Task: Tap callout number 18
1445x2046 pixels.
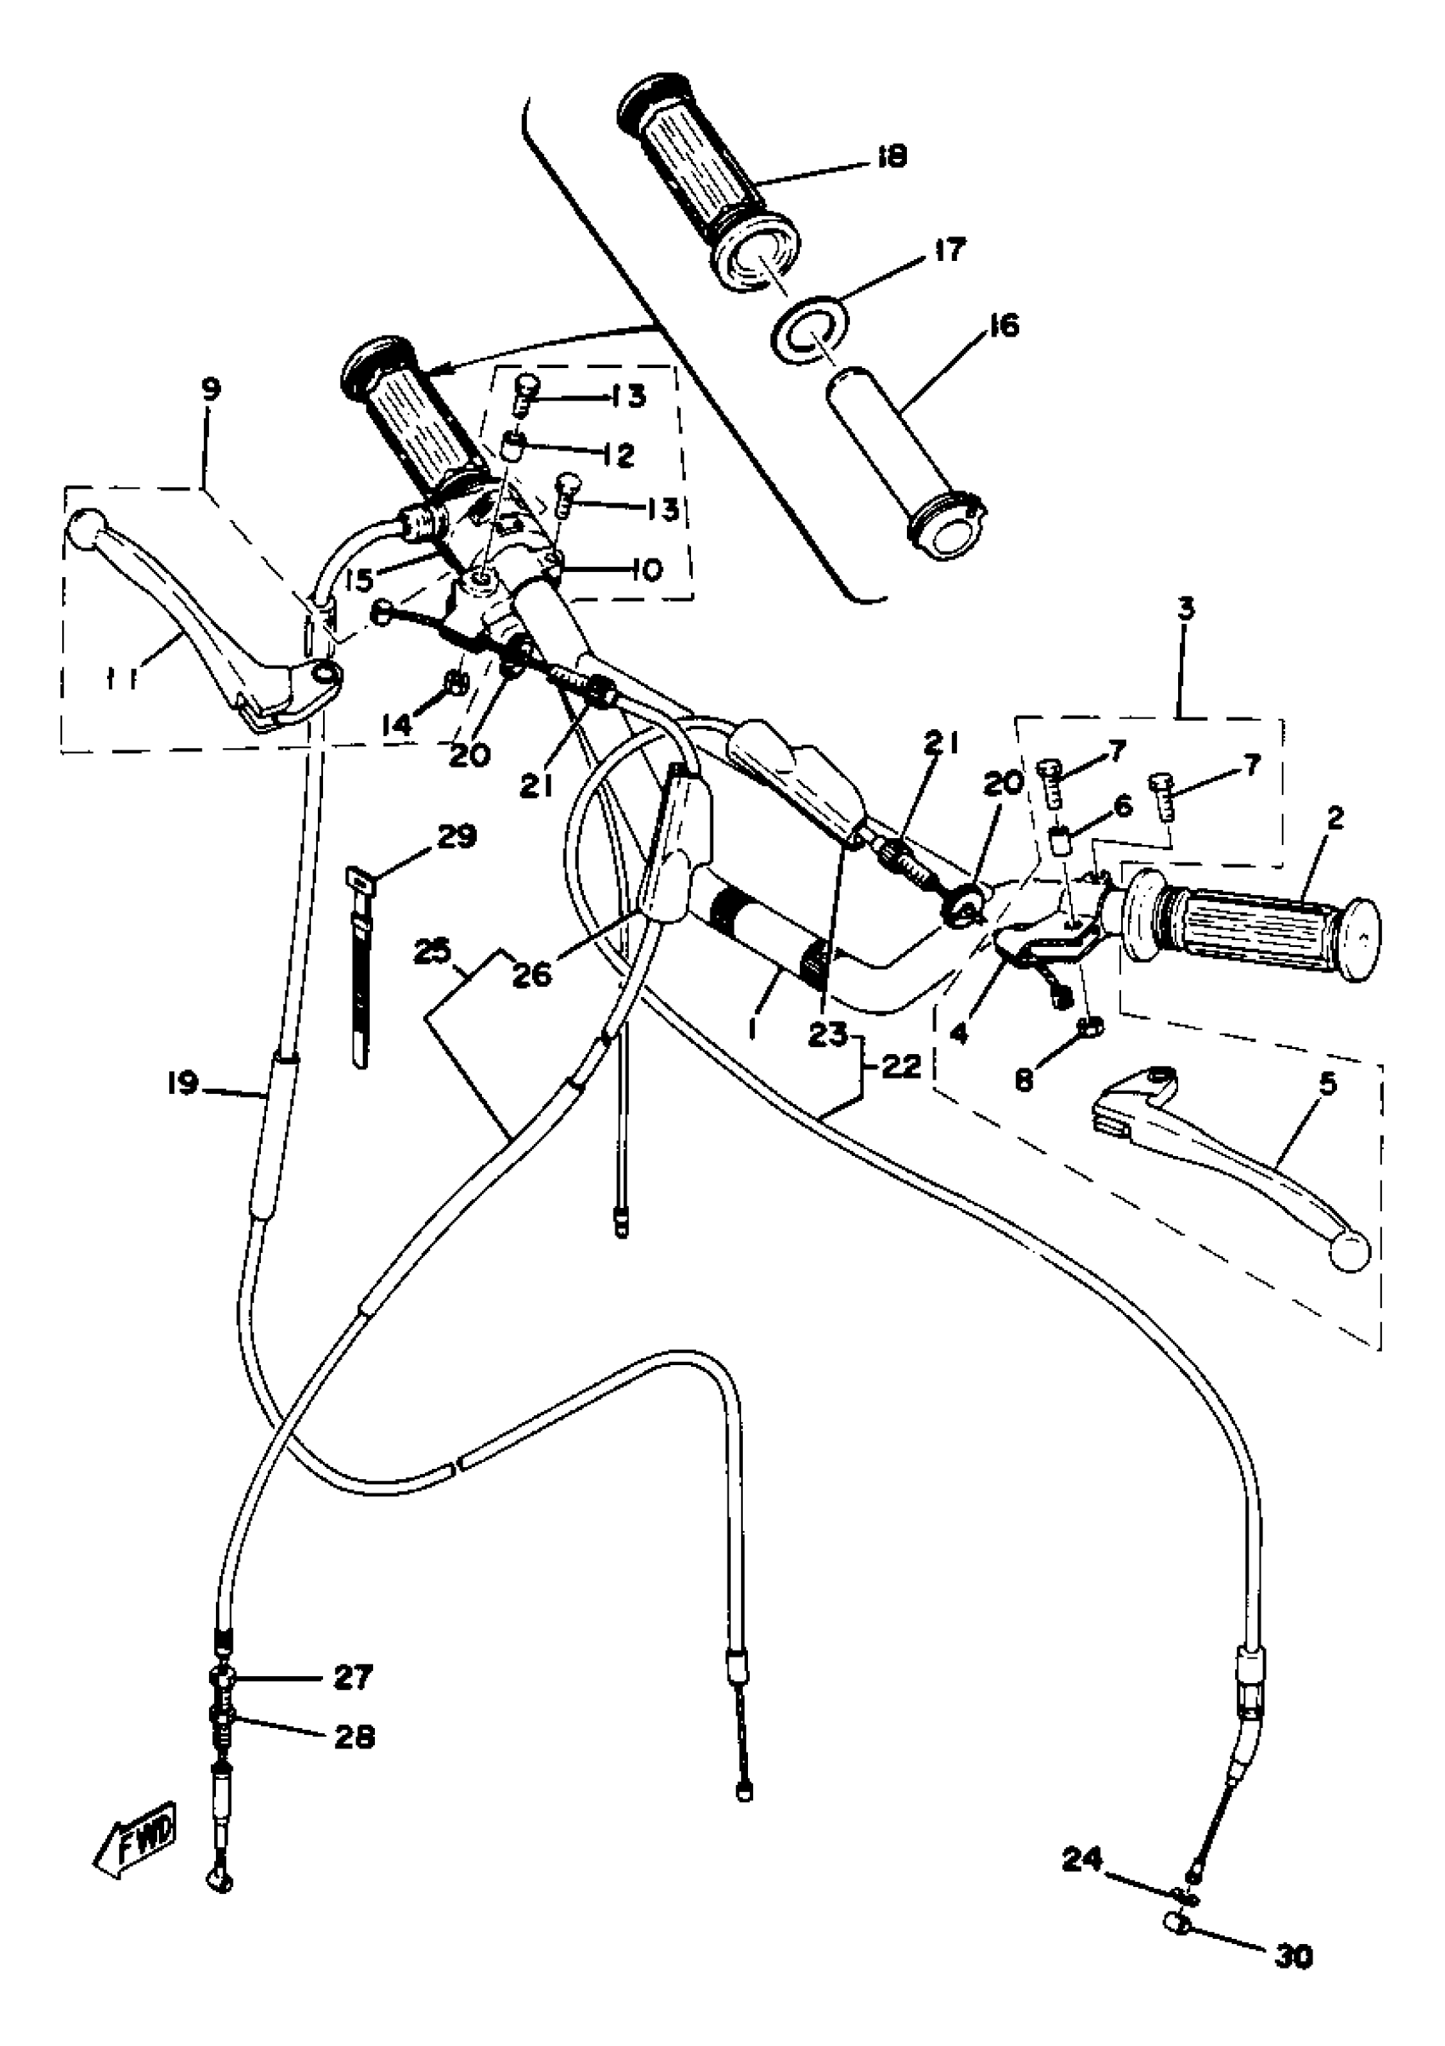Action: (891, 157)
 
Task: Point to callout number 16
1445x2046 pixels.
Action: (1004, 326)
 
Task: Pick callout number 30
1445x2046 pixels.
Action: (1295, 1956)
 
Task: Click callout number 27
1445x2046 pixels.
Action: (353, 1677)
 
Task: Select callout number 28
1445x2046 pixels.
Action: (354, 1736)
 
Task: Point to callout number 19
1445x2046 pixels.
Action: (182, 1085)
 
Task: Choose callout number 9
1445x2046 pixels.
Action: (211, 389)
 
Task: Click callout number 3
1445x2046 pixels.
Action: (1185, 610)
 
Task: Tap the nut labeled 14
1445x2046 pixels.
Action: (456, 683)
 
